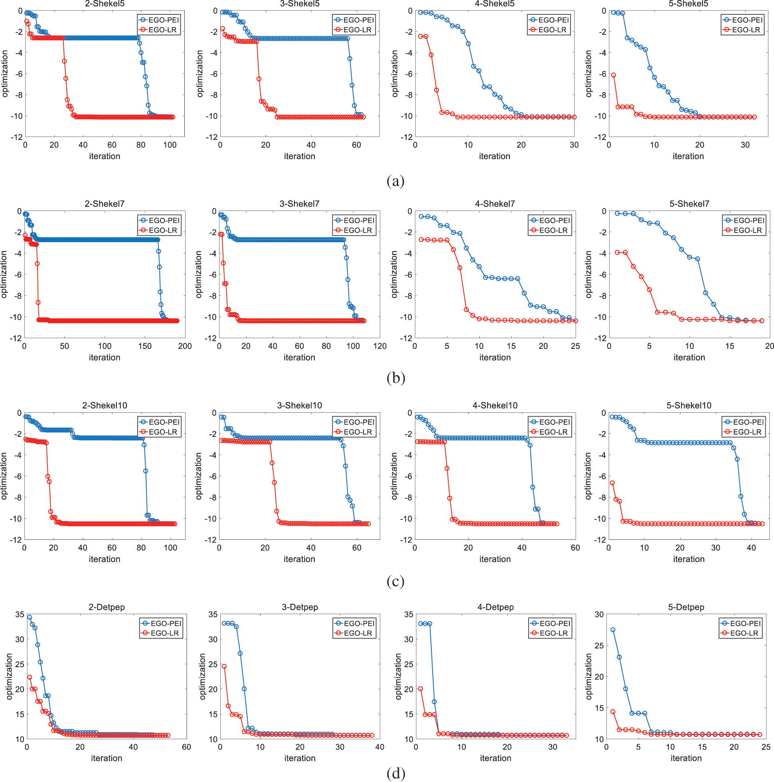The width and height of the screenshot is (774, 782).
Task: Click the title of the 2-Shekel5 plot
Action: [105, 4]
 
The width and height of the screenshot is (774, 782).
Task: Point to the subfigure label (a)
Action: [395, 181]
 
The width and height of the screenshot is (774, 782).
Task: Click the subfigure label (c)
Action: [395, 581]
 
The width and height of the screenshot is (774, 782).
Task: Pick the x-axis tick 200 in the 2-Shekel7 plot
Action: [185, 346]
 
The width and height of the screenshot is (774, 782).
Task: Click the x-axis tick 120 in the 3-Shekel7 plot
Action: [379, 346]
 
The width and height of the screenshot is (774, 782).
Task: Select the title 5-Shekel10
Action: [689, 405]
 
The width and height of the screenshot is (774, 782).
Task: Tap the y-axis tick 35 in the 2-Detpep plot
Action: [20, 615]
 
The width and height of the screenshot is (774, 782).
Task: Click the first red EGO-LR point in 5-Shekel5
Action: [614, 75]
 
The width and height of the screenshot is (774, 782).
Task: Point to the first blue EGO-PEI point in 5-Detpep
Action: [613, 630]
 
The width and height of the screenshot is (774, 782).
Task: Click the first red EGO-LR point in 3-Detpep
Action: [224, 666]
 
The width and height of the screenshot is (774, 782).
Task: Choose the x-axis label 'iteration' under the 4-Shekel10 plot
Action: [495, 559]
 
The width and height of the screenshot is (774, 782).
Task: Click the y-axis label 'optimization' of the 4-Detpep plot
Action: [399, 676]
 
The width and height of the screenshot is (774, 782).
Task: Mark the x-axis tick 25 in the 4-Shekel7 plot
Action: [575, 346]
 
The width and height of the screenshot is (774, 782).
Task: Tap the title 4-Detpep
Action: [496, 607]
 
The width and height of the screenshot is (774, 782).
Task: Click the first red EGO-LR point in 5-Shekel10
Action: [612, 483]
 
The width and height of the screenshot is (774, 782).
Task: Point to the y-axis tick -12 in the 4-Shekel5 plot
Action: [406, 137]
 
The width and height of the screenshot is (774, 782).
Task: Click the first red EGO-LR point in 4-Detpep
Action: [421, 689]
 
